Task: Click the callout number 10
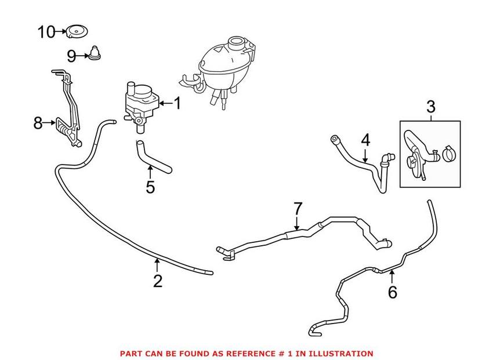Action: pyautogui.click(x=46, y=31)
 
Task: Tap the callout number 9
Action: pyautogui.click(x=71, y=56)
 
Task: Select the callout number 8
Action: pyautogui.click(x=38, y=122)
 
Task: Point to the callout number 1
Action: pyautogui.click(x=177, y=104)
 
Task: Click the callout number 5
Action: pyautogui.click(x=150, y=187)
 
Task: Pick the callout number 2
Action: pyautogui.click(x=157, y=281)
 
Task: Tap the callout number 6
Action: pyautogui.click(x=393, y=292)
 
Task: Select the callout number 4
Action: pyautogui.click(x=365, y=140)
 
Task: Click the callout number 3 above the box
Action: pyautogui.click(x=430, y=107)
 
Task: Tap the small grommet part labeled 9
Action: pyautogui.click(x=94, y=54)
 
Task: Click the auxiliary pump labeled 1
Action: pyautogui.click(x=140, y=101)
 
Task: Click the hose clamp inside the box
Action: pyautogui.click(x=448, y=155)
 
